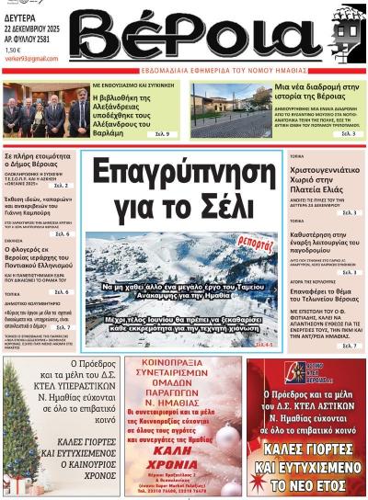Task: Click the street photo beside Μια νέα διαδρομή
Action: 217,110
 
